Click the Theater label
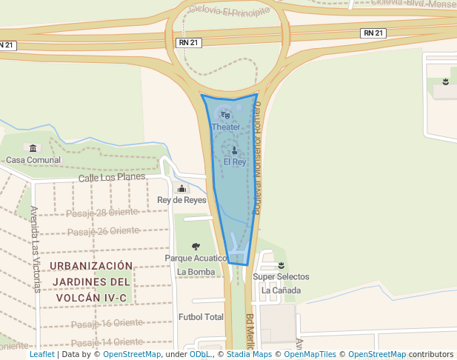coord(226,127)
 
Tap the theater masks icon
coord(225,115)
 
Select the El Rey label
coord(235,161)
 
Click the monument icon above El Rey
coord(235,150)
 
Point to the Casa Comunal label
coord(33,160)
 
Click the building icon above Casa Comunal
coord(31,149)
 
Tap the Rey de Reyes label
coord(181,200)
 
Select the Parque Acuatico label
coord(196,259)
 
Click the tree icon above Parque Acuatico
coord(196,247)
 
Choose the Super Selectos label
coord(281,277)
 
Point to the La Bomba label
coord(196,272)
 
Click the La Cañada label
coord(281,290)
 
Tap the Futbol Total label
coord(201,317)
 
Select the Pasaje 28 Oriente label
coord(102,213)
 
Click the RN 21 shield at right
coord(373,33)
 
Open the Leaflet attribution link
coord(41,355)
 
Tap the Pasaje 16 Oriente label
coord(107,323)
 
